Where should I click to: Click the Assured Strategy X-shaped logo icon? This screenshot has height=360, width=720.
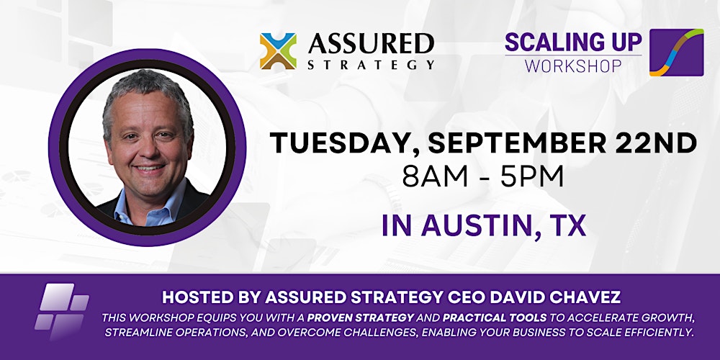point(278,51)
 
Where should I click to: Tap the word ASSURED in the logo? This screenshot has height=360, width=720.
point(370,44)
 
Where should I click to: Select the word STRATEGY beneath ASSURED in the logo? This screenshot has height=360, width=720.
point(370,65)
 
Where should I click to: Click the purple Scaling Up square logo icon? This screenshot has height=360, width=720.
point(676,53)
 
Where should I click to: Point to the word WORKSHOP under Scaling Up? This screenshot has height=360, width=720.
point(572,66)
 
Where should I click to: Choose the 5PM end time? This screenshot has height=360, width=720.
point(534,176)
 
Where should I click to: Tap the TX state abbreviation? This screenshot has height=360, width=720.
point(568,225)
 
